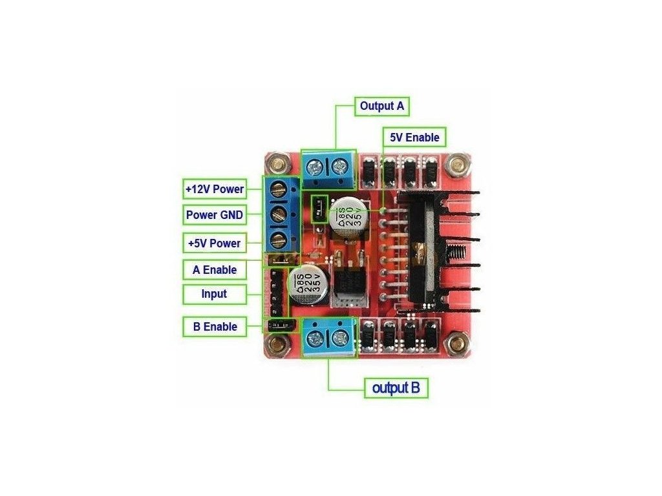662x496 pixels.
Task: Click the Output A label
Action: [x=381, y=106]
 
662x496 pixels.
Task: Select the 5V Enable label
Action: [x=414, y=138]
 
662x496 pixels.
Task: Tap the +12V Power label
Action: [x=215, y=189]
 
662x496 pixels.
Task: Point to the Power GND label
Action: [x=215, y=215]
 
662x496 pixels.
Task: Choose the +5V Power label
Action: [x=215, y=243]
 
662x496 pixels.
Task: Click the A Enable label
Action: [x=215, y=270]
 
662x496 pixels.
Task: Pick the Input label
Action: [x=215, y=294]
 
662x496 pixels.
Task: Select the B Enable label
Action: [x=215, y=326]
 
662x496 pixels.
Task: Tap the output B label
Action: [x=396, y=388]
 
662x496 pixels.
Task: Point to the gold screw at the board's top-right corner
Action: [x=457, y=163]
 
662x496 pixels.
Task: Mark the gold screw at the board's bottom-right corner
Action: [x=457, y=344]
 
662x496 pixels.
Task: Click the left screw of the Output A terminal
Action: [x=314, y=169]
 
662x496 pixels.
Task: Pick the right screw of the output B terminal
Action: [x=339, y=337]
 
